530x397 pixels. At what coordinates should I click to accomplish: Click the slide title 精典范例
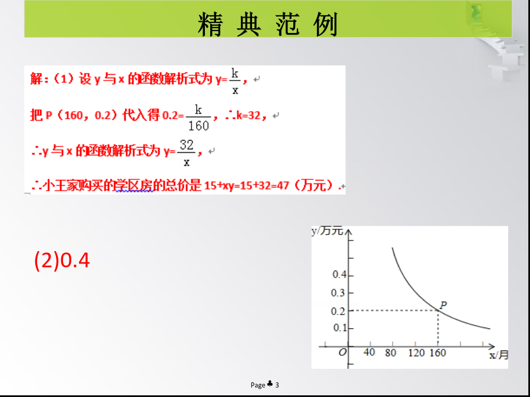coord(268,24)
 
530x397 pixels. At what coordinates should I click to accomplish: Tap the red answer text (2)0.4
coord(62,261)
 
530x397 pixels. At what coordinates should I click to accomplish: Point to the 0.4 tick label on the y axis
coord(339,275)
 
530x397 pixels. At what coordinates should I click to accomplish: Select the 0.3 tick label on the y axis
coord(338,293)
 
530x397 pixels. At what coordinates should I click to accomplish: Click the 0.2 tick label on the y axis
coord(338,311)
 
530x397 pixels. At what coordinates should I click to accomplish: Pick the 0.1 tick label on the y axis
coord(340,328)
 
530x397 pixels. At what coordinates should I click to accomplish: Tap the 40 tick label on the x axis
coord(369,352)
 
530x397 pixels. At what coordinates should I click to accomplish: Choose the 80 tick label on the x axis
coord(390,353)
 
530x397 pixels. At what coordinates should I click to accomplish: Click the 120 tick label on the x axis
coord(416,353)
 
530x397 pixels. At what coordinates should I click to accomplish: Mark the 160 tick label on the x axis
coord(438,353)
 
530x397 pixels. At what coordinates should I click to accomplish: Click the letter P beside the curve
coord(443,305)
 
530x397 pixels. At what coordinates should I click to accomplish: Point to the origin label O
coord(342,352)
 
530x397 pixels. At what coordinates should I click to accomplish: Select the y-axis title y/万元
coord(327,231)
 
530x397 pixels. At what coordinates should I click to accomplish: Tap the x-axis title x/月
coord(499,355)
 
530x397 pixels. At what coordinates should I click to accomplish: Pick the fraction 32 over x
coord(186,153)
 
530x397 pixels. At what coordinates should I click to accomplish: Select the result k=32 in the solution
coord(249,115)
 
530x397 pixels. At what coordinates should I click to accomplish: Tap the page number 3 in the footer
coord(277,385)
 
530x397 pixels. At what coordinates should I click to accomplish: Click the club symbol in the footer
coord(270,384)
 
